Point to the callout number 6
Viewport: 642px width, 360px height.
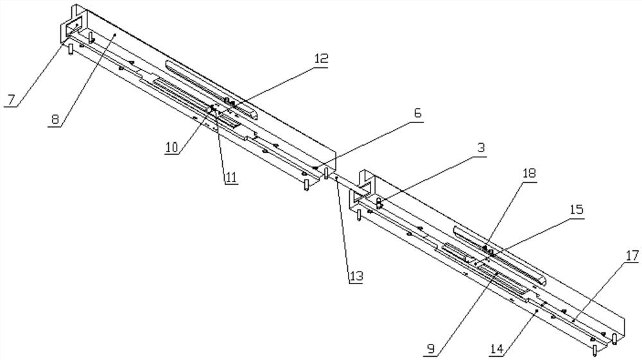point(417,114)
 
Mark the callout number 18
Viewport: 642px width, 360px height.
point(529,174)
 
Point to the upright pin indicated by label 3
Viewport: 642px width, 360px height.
point(379,204)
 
